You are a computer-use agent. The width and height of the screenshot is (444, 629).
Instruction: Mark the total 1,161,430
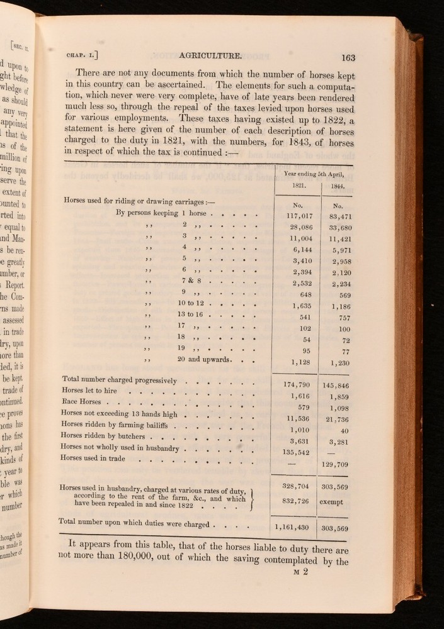point(291,527)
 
